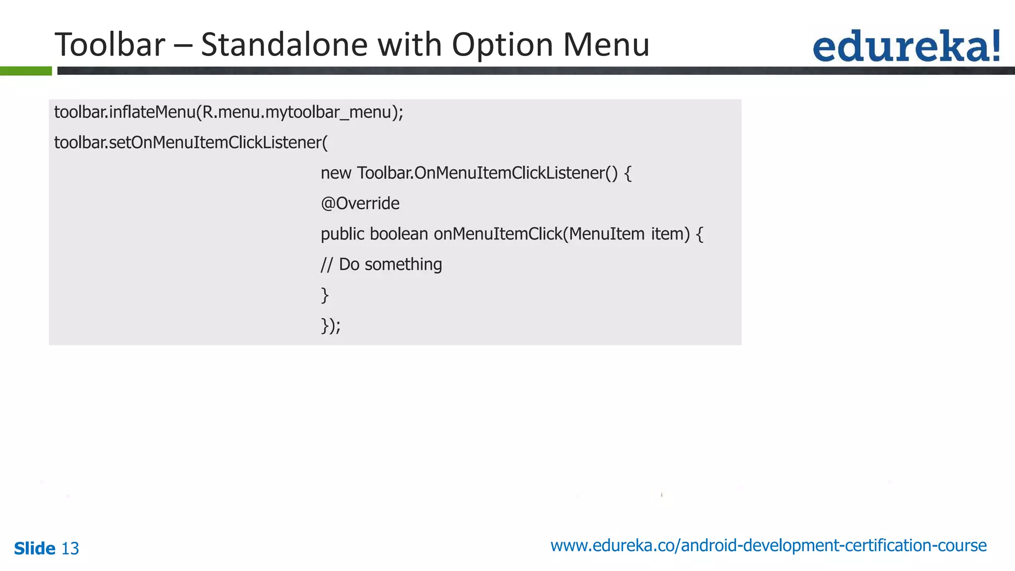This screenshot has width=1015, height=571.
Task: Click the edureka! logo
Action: click(x=906, y=46)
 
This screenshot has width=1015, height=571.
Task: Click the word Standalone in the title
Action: click(x=283, y=45)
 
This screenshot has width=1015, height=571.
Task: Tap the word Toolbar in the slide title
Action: click(x=110, y=45)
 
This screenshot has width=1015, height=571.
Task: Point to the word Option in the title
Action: click(x=503, y=45)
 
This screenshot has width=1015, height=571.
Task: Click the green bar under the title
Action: click(x=26, y=71)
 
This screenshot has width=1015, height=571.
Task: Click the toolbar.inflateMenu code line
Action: click(x=228, y=113)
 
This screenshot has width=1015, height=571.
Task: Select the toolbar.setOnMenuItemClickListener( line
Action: click(x=191, y=143)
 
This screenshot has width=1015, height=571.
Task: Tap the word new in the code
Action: click(x=336, y=173)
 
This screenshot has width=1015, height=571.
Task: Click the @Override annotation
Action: click(x=360, y=204)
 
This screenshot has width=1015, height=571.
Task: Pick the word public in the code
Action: click(x=342, y=234)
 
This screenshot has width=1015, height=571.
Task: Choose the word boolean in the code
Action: click(x=398, y=234)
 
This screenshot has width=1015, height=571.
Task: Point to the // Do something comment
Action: click(x=381, y=265)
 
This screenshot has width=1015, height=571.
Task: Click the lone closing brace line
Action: click(x=325, y=295)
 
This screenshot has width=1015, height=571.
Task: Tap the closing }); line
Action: click(x=330, y=326)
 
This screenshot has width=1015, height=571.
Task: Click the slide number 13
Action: click(x=70, y=549)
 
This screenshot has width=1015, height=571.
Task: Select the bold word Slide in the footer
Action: click(x=35, y=549)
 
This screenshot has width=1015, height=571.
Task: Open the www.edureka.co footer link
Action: click(x=768, y=546)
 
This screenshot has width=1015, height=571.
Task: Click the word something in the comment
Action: click(x=403, y=265)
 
